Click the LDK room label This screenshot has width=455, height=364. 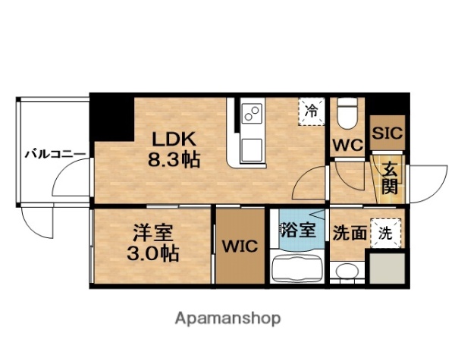pyautogui.click(x=175, y=140)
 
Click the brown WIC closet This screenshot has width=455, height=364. pyautogui.click(x=240, y=247)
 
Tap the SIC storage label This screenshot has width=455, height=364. pyautogui.click(x=388, y=130)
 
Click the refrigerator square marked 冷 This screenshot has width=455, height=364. pyautogui.click(x=312, y=111)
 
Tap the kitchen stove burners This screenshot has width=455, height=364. pyautogui.click(x=252, y=115)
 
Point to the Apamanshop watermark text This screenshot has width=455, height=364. pyautogui.click(x=227, y=318)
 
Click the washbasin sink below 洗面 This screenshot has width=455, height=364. pyautogui.click(x=347, y=271)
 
